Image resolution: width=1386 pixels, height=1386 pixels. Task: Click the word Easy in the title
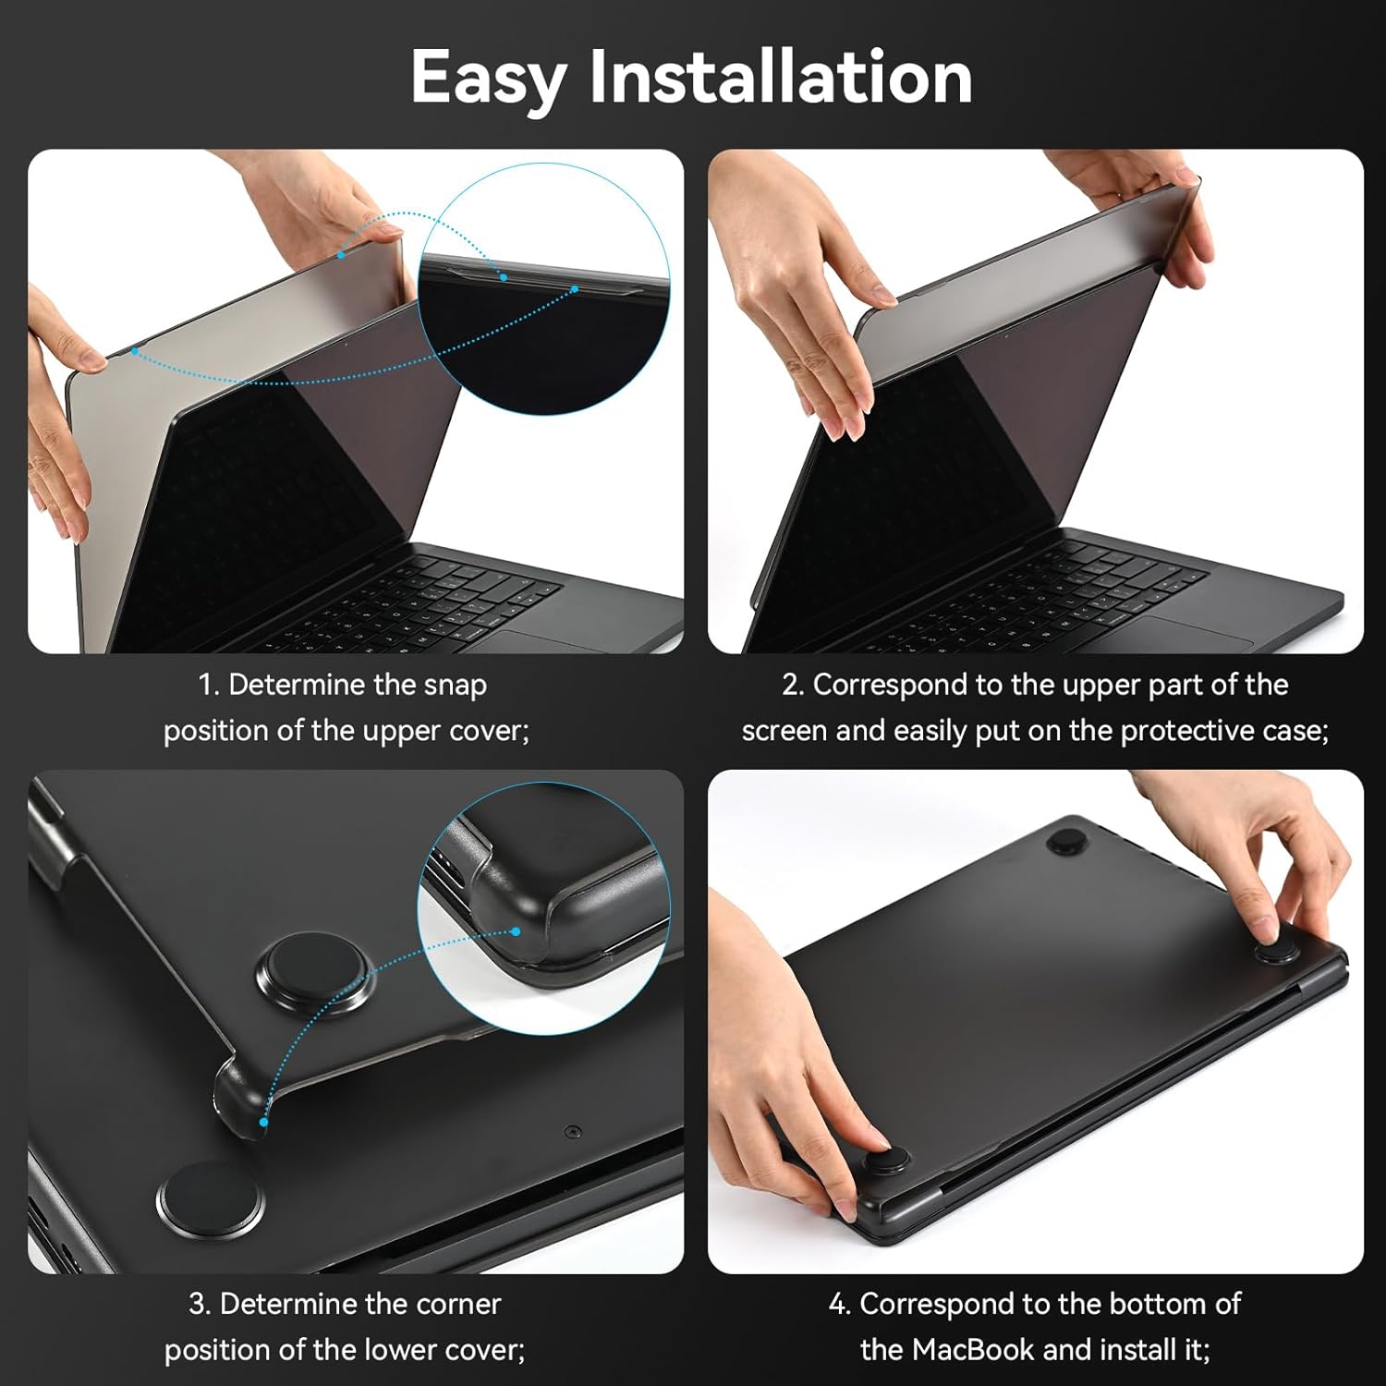[487, 79]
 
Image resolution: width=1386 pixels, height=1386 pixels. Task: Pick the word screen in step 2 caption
[784, 731]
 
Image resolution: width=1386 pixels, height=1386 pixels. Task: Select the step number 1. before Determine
[209, 685]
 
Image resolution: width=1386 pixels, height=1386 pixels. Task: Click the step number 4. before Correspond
[839, 1304]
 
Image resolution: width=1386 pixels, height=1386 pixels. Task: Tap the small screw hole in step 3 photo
[573, 1131]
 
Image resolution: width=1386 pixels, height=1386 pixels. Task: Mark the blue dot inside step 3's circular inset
[517, 931]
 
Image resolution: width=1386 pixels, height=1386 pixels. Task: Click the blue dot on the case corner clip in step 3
[264, 1122]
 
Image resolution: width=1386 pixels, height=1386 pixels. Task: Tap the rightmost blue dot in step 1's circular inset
[575, 289]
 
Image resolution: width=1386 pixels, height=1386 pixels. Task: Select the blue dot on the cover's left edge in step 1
[135, 351]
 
